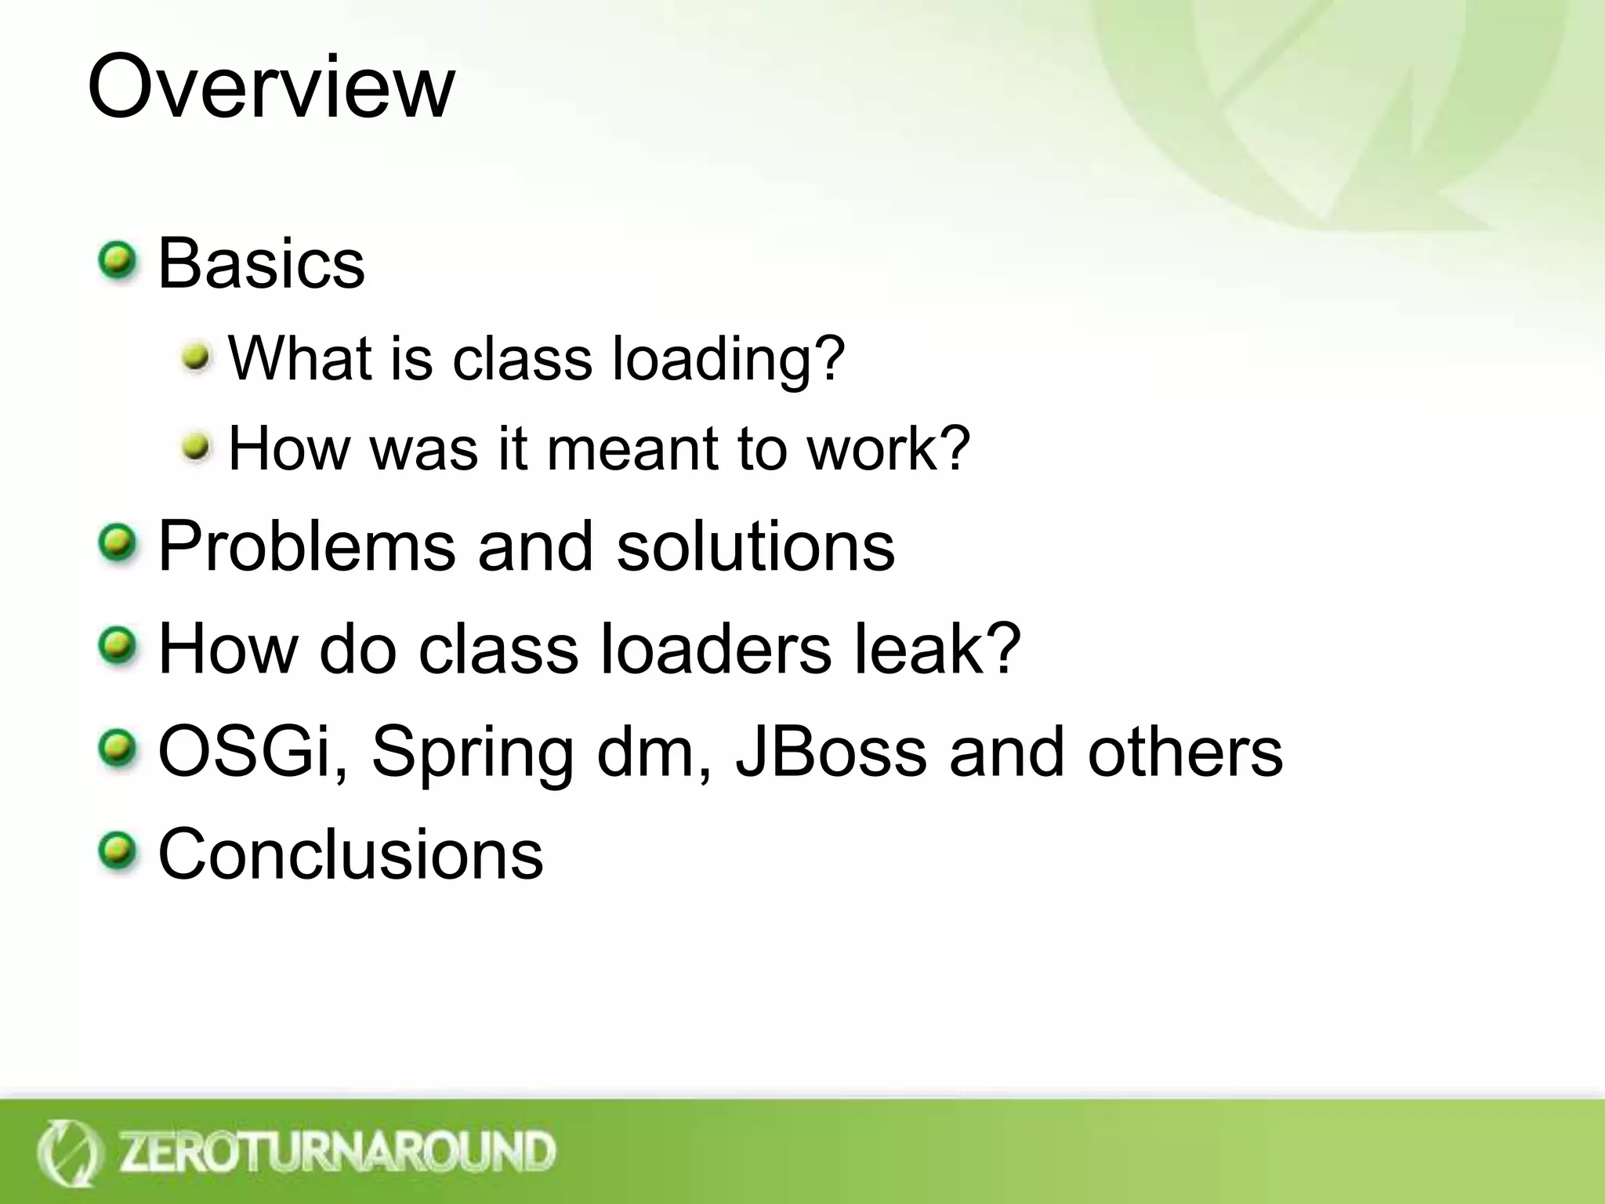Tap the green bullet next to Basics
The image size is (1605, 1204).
(x=118, y=260)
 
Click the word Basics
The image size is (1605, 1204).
(x=261, y=263)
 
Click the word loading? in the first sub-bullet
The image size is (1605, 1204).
(x=727, y=359)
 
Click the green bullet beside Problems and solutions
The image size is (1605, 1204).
(x=118, y=543)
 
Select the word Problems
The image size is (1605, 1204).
(x=306, y=546)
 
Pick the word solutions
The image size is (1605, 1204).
(x=755, y=546)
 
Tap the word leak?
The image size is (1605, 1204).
(x=937, y=649)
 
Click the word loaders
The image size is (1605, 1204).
(x=715, y=649)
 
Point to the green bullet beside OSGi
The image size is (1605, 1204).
(x=118, y=748)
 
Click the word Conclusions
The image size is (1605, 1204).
(x=350, y=854)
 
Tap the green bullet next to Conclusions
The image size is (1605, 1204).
(x=118, y=850)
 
